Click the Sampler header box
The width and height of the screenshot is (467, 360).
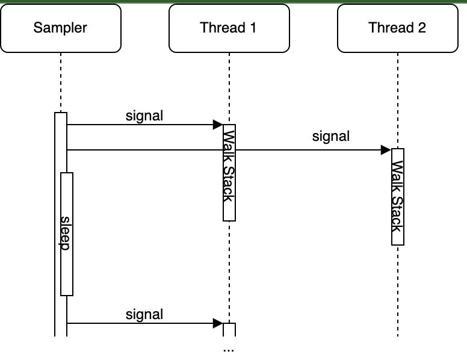pos(60,28)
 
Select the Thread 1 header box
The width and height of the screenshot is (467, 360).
pos(229,28)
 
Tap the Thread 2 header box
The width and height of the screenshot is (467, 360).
pos(397,28)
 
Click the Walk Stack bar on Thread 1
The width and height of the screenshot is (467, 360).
pos(229,172)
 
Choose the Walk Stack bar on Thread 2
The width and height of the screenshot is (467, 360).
pos(398,196)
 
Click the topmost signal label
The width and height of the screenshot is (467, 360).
pos(144,116)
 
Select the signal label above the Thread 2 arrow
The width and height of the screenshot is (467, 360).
pos(331,136)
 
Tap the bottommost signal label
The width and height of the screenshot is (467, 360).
pos(144,314)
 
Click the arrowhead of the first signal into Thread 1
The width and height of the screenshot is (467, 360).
pos(218,125)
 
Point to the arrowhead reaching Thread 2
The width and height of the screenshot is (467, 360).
pos(386,149)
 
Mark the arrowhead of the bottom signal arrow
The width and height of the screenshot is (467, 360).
pos(218,323)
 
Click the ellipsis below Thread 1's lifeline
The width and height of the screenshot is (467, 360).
pos(229,349)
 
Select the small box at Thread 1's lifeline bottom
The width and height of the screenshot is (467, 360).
pos(229,329)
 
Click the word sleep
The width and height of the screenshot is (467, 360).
pos(66,233)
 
